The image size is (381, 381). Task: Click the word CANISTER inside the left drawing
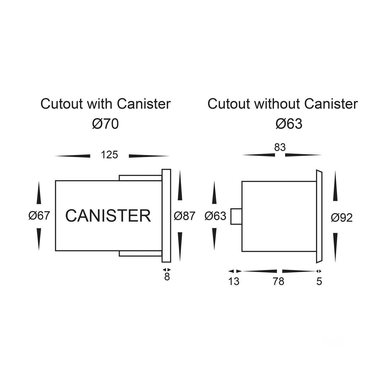click(108, 216)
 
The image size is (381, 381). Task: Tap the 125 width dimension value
click(109, 155)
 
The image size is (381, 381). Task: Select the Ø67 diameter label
click(39, 216)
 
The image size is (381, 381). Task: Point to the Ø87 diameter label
click(184, 216)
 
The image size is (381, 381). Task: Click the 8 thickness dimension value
click(167, 277)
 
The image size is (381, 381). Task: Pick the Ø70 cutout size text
click(105, 124)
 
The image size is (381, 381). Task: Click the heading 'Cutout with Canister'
click(105, 104)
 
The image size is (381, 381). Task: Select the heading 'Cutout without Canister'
click(283, 104)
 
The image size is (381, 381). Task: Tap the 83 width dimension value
click(280, 147)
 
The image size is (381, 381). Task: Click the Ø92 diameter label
click(342, 218)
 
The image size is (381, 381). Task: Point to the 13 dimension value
click(234, 281)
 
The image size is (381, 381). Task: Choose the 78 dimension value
click(278, 281)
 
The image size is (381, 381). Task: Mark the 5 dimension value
click(319, 281)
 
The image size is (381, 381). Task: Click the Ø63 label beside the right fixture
click(215, 216)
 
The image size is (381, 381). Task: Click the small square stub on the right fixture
click(236, 216)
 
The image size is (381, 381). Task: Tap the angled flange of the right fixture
click(319, 216)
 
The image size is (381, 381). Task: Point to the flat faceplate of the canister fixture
click(166, 216)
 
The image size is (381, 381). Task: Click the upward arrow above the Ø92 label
click(335, 186)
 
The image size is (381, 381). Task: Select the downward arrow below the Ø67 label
click(39, 239)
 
